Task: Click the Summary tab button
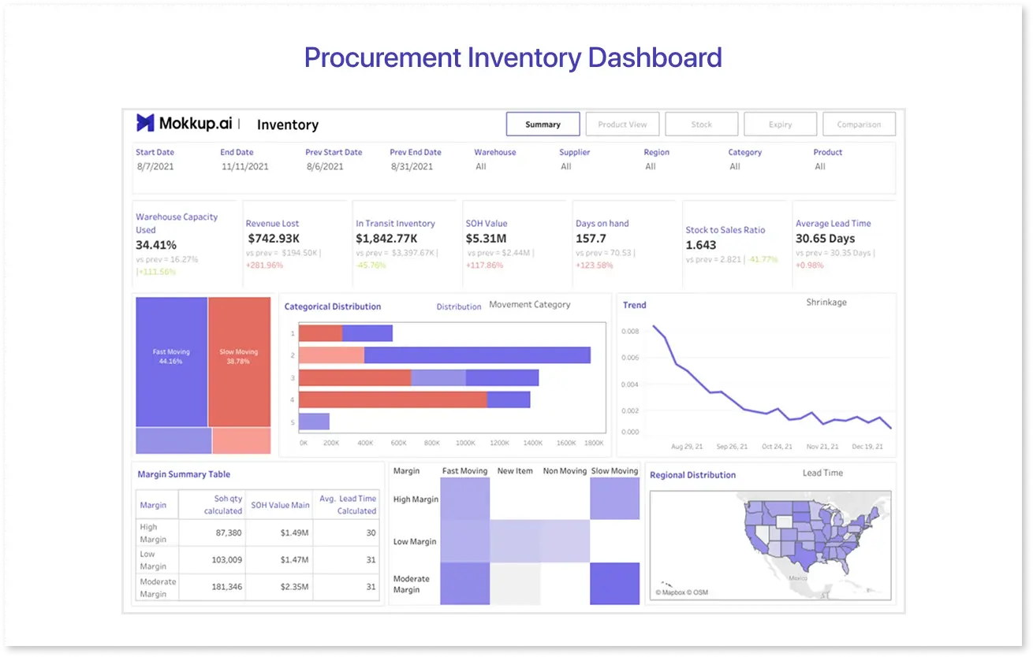543,124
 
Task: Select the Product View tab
622,124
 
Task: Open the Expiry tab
780,124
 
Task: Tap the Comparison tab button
859,124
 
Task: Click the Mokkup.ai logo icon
145,123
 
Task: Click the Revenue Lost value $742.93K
274,238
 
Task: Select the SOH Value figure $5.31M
486,238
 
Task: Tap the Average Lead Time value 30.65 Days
825,238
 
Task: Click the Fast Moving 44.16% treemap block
171,356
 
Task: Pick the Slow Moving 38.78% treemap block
239,356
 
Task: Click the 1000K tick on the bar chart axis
466,444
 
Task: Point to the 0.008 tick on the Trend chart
630,332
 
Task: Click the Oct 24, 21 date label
777,447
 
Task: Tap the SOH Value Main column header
280,505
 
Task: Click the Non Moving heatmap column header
565,471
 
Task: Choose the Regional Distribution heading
692,475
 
